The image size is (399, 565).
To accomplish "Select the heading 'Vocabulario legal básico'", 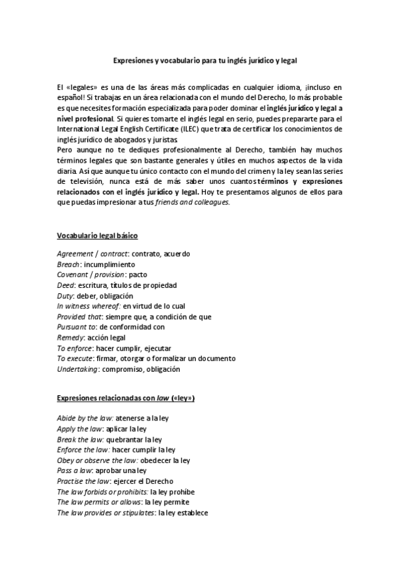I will click(97, 236).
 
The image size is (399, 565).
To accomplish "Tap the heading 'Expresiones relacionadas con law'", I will click(125, 398).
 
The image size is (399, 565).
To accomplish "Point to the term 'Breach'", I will click(69, 264).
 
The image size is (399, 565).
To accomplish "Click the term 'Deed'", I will click(65, 285).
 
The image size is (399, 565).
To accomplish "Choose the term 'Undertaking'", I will click(78, 369).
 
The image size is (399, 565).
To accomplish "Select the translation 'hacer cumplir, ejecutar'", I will click(122, 348).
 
